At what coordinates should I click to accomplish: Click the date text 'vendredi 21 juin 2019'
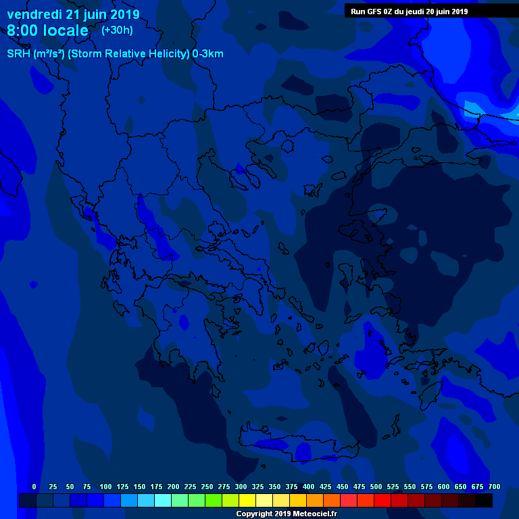pyautogui.click(x=73, y=14)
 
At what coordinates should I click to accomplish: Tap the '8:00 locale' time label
pyautogui.click(x=47, y=30)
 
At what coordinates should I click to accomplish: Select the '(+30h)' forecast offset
pyautogui.click(x=117, y=30)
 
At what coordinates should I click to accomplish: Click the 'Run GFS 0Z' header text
pyautogui.click(x=376, y=11)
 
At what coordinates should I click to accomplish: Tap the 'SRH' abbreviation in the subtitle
pyautogui.click(x=18, y=54)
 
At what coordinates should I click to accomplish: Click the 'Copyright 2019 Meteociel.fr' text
pyautogui.click(x=286, y=514)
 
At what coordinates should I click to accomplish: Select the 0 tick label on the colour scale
pyautogui.click(x=34, y=487)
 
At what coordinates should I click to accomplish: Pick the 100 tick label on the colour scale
pyautogui.click(x=105, y=487)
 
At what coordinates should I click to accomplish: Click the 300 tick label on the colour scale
pyautogui.click(x=241, y=487)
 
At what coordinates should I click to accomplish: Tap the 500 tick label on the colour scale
pyautogui.click(x=376, y=487)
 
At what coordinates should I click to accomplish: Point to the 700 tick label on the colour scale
pyautogui.click(x=494, y=487)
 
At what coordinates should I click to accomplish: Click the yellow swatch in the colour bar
pyautogui.click(x=247, y=500)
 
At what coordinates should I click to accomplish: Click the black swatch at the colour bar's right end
pyautogui.click(x=484, y=500)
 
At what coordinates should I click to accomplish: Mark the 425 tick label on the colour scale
pyautogui.click(x=325, y=487)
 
